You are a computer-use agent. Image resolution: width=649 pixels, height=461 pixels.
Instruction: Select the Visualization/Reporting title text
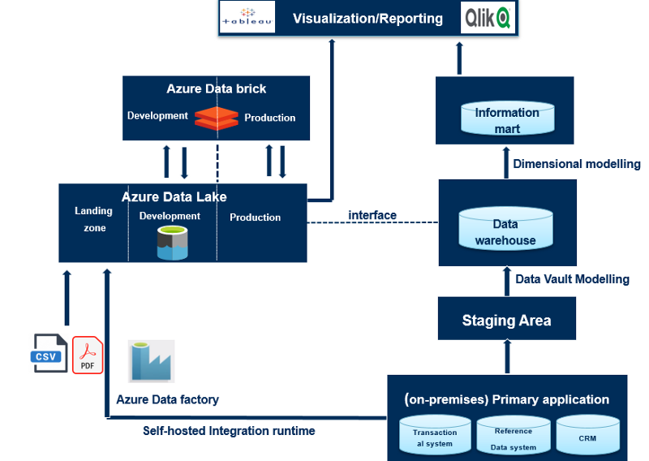pos(367,18)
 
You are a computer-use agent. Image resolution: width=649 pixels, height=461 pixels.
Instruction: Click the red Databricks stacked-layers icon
pos(216,118)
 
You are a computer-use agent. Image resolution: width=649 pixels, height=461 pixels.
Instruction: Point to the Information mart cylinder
pos(507,120)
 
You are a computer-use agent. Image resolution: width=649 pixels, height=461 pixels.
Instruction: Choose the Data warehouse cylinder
pos(505,231)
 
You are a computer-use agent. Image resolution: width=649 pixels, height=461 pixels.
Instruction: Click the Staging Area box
pos(506,320)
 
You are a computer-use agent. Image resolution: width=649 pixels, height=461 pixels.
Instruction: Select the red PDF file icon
pos(88,355)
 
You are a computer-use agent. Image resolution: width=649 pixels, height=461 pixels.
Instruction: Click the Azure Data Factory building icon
pos(152,361)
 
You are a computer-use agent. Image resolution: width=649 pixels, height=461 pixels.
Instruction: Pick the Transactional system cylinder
pos(435,437)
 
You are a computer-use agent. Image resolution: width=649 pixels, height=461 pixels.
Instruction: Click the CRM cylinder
pos(587,437)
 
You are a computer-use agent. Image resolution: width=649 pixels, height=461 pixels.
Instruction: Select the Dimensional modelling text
pos(577,164)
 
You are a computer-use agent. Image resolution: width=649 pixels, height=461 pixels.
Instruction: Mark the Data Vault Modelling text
pos(572,279)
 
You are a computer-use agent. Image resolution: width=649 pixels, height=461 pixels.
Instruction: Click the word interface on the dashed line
pos(372,215)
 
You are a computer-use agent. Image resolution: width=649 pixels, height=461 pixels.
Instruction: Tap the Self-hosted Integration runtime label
pos(229,431)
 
